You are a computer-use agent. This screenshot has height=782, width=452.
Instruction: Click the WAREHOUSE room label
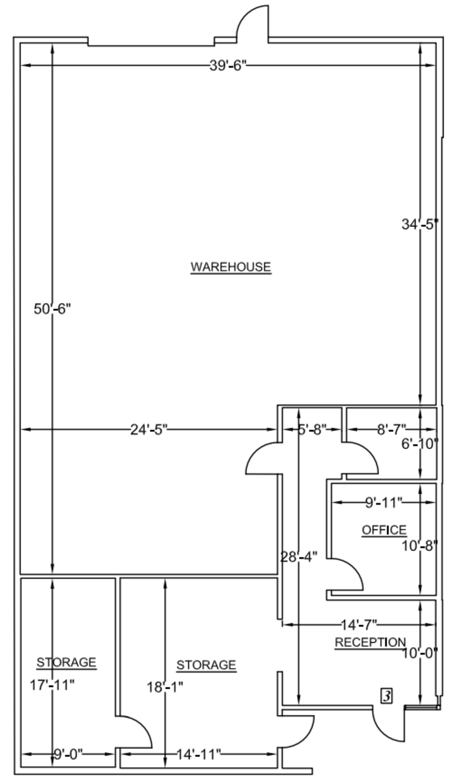coord(230,267)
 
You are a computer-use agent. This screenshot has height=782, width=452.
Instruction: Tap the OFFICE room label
coord(384,530)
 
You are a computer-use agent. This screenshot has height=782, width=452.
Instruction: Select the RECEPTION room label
coord(370,642)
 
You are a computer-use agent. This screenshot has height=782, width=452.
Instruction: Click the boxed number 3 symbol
coord(386,696)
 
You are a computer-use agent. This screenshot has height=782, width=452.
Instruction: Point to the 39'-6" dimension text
coord(228,65)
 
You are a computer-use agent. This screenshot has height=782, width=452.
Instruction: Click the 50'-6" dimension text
coord(52,309)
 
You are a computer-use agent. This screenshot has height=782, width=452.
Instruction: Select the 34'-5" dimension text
coord(420,224)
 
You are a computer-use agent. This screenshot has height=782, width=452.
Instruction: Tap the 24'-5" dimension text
coord(149,430)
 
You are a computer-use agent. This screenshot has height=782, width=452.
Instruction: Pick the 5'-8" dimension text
coord(312,430)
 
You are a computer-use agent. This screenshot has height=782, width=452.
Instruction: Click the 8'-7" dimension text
coord(391,430)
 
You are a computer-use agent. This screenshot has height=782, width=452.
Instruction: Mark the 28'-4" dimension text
coord(299,557)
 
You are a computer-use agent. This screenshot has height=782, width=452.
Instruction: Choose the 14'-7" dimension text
coord(359,625)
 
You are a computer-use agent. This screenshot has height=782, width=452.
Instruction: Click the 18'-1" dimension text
coord(165,687)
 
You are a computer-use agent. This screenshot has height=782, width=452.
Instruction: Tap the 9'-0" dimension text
coord(68,754)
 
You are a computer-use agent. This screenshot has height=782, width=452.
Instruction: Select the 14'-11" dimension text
coord(199,754)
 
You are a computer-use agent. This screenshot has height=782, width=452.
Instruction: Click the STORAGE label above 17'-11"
coord(67,662)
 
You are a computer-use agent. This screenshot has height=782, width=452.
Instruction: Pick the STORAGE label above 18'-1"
coord(206,665)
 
